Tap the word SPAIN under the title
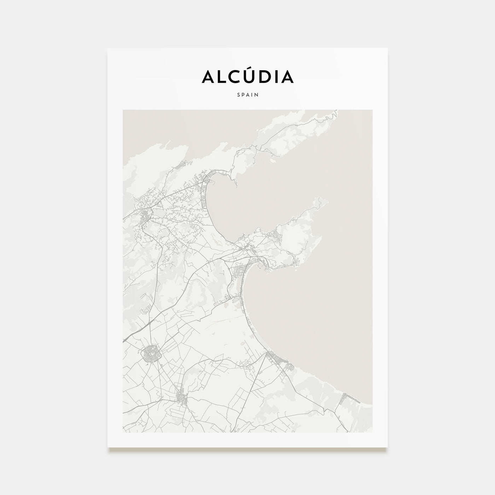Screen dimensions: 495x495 pyautogui.click(x=248, y=95)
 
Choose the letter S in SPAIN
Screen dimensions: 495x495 pyautogui.click(x=238, y=95)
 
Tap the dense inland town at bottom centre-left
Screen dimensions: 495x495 pyautogui.click(x=182, y=399)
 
